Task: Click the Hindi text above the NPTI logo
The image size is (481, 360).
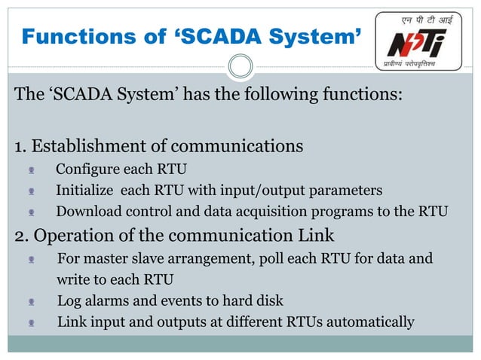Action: coord(416,20)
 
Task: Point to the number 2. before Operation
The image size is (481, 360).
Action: coord(22,235)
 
